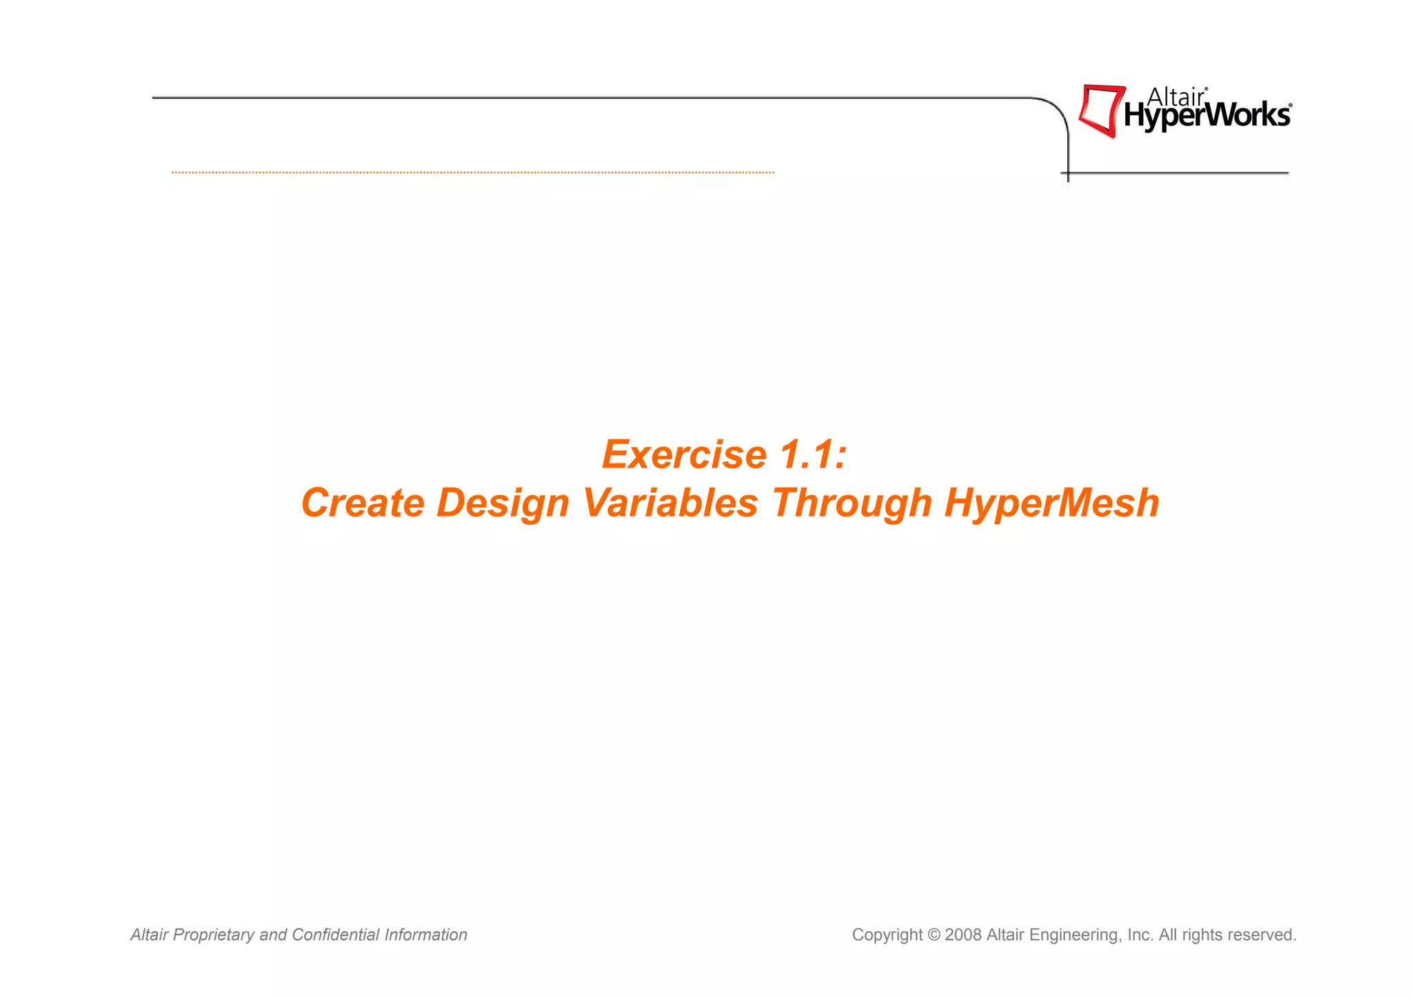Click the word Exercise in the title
(x=684, y=455)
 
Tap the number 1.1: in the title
(x=813, y=455)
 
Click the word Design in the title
(x=503, y=503)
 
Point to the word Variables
(x=670, y=503)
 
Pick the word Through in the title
(x=851, y=503)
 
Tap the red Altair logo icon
(x=1100, y=110)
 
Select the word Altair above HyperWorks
(x=1176, y=97)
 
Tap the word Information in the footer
(x=425, y=935)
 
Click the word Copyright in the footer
(x=887, y=935)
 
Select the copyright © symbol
(x=934, y=935)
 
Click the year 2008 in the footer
(x=962, y=935)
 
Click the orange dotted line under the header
(x=472, y=172)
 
